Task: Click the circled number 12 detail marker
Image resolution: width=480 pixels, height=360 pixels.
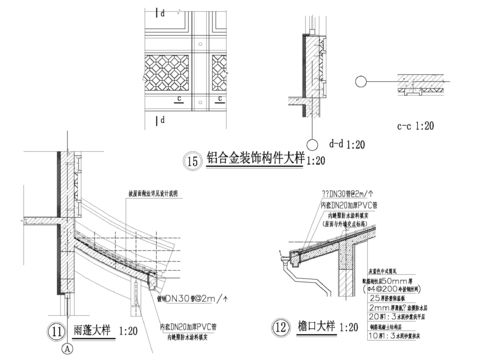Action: tap(278, 327)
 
